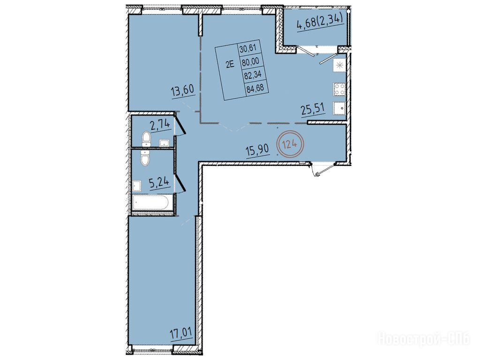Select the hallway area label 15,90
[257, 150]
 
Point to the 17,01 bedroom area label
[182, 332]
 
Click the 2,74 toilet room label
[159, 125]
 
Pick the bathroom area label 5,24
[159, 183]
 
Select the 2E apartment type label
[230, 64]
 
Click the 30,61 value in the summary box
[248, 48]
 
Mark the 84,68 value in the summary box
[255, 88]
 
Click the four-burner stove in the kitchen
[340, 89]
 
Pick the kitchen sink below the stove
[340, 108]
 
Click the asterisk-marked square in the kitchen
[340, 65]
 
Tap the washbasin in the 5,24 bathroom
[137, 186]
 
